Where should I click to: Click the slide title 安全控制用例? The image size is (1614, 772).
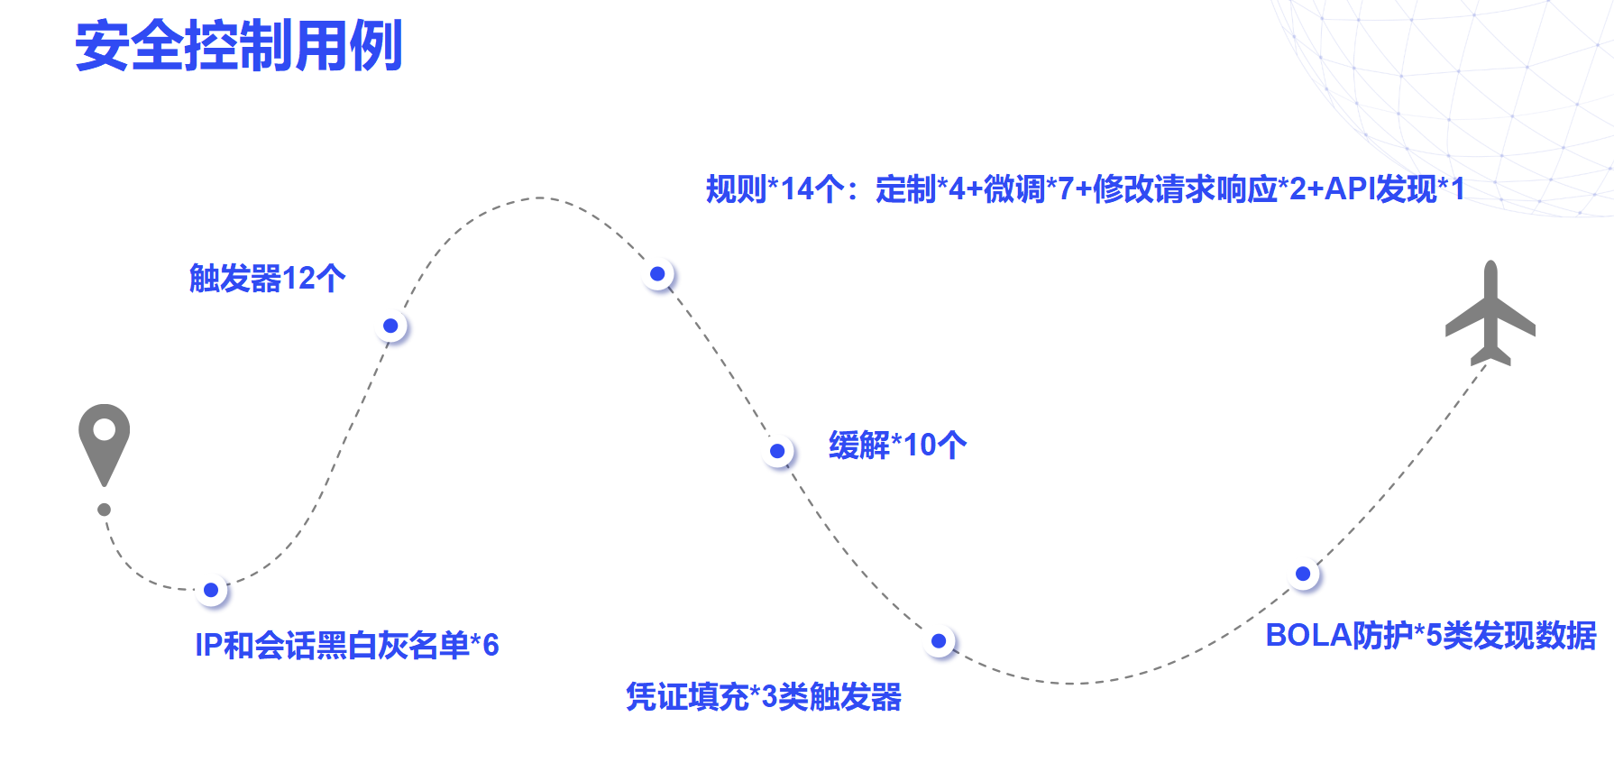[239, 46]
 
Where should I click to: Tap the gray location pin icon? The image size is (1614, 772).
[104, 442]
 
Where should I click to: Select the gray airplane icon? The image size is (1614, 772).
[1490, 314]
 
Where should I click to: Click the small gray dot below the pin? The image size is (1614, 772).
[105, 510]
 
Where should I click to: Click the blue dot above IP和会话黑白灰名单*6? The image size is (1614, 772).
[211, 590]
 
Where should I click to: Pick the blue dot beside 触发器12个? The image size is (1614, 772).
[390, 326]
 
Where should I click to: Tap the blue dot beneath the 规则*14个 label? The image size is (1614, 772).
[657, 274]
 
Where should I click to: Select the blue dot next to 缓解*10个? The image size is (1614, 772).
[777, 451]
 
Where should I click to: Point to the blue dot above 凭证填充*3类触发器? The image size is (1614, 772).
[939, 641]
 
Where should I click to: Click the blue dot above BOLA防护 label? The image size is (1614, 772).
[1303, 574]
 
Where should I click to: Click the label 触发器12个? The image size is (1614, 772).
[267, 278]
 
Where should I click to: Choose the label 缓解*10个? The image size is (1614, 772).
[897, 445]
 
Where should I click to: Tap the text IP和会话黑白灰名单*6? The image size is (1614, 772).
[346, 645]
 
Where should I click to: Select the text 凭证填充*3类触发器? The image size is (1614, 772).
[764, 696]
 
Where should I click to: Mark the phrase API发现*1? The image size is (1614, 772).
[1394, 189]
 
